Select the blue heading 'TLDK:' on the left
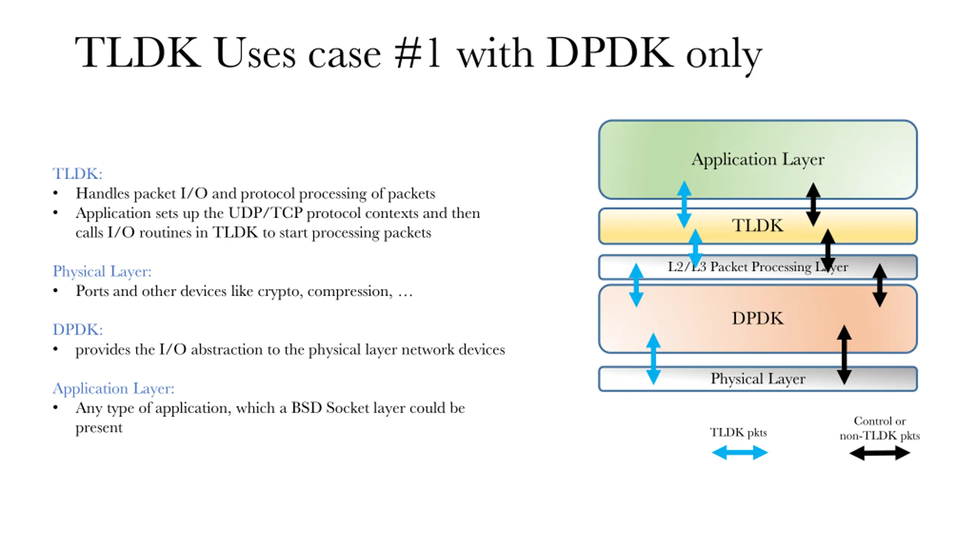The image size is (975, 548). tap(78, 174)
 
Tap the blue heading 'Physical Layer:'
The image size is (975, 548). tap(102, 272)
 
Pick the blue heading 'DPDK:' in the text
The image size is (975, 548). tap(78, 330)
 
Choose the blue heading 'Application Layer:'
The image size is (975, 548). tap(113, 389)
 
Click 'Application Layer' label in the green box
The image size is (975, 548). tap(758, 159)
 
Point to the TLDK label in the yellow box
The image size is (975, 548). tap(758, 225)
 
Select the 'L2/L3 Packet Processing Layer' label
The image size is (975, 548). tap(758, 267)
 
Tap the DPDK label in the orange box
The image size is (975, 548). tap(758, 318)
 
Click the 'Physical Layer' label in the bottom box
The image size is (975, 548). tap(758, 379)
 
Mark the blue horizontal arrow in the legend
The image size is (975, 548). tap(740, 453)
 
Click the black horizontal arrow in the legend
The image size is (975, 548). tap(880, 453)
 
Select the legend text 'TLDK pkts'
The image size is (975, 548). tap(738, 433)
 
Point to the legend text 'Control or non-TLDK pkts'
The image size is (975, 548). tap(880, 428)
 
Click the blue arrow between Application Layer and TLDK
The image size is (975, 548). tap(684, 204)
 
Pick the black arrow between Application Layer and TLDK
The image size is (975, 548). tap(813, 204)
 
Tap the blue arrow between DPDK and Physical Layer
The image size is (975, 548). tap(654, 359)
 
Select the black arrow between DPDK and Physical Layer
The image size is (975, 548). tap(844, 355)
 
